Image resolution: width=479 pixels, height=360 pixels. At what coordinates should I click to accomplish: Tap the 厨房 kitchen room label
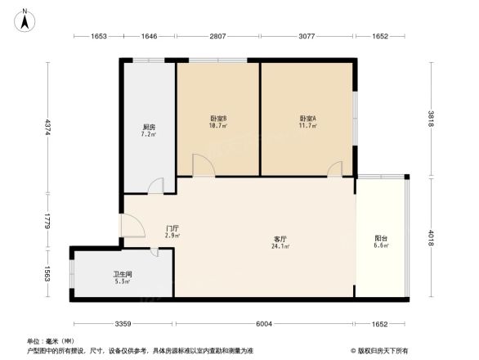click(149, 128)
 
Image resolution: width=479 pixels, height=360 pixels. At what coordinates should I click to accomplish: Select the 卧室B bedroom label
click(218, 119)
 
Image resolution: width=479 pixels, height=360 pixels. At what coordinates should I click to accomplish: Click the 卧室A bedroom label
click(307, 119)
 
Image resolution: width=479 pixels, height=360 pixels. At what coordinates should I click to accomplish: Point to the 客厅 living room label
click(280, 239)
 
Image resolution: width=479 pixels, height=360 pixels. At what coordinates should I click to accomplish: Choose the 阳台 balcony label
click(381, 239)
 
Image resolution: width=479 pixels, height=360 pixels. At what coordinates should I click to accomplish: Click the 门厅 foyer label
click(172, 228)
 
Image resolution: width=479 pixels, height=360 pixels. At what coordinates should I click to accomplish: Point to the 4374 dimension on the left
click(48, 128)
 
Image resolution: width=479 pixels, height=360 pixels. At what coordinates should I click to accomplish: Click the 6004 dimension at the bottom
click(263, 324)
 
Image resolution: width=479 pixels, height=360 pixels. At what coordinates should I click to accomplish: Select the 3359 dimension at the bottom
click(123, 324)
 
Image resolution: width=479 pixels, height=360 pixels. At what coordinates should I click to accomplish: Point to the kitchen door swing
click(156, 186)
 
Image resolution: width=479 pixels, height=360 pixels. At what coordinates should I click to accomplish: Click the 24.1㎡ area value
click(280, 246)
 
